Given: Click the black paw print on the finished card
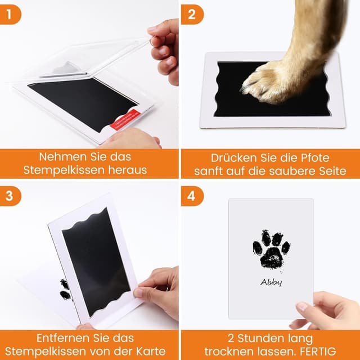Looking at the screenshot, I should coord(271,248).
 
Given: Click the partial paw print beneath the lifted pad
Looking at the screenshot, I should coord(65,289).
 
